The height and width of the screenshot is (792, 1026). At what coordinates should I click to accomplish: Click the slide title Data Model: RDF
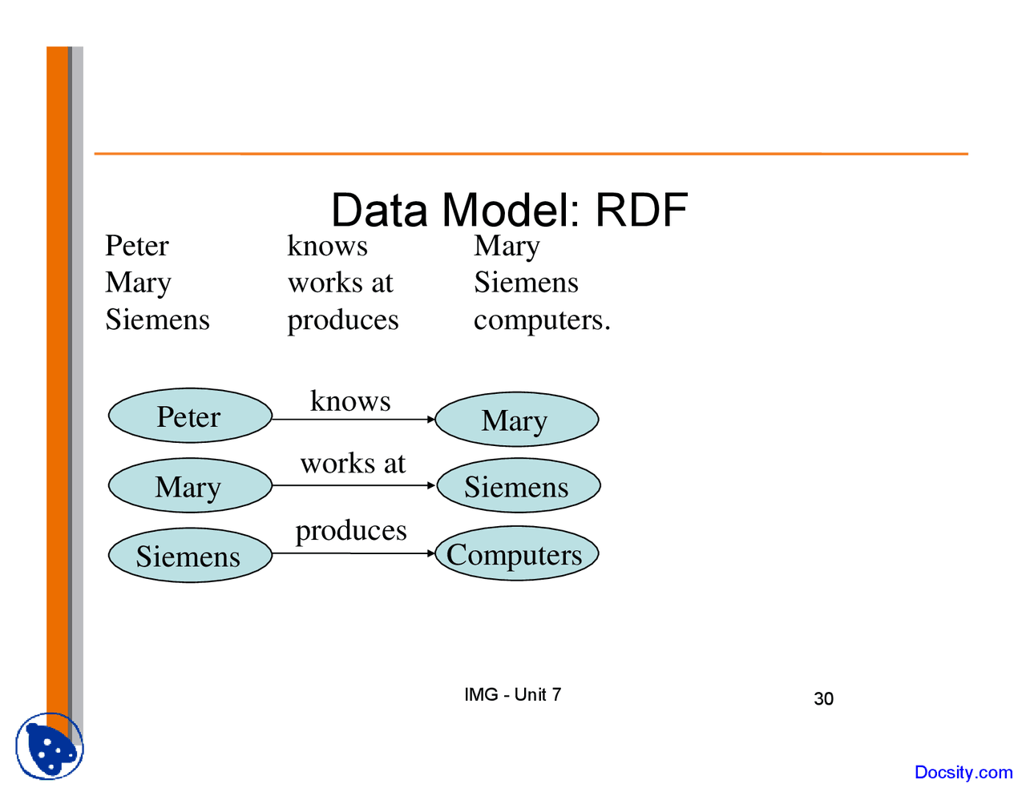click(509, 210)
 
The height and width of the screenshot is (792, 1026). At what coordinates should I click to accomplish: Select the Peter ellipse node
click(190, 416)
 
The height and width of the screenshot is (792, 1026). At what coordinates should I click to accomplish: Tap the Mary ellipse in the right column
click(516, 420)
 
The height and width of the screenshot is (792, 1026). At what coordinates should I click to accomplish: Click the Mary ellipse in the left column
click(190, 486)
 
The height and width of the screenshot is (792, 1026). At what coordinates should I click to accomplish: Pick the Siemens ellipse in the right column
click(517, 486)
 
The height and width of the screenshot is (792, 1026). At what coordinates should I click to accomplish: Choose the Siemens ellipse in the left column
click(190, 556)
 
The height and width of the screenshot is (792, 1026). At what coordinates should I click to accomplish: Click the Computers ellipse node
click(516, 554)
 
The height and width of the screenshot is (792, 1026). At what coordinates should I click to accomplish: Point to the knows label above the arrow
click(350, 400)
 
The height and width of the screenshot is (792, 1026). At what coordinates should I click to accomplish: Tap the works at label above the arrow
click(353, 463)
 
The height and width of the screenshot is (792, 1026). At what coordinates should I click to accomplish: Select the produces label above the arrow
click(351, 530)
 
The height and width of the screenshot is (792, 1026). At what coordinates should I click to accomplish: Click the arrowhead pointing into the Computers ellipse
click(430, 553)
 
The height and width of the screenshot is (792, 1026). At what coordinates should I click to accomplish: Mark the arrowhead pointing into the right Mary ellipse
click(430, 419)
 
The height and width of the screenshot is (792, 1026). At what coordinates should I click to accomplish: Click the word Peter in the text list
click(137, 246)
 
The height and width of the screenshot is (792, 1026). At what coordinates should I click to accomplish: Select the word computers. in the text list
click(542, 320)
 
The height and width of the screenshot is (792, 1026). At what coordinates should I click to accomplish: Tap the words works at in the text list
click(341, 283)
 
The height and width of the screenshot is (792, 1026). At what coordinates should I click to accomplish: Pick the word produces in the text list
click(343, 320)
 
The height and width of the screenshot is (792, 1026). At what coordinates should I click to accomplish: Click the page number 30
click(823, 699)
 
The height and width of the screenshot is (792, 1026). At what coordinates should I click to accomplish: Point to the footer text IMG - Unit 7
click(512, 694)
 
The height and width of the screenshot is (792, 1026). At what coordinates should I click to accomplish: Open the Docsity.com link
click(963, 772)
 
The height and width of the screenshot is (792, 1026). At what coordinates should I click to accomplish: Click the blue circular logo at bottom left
click(50, 746)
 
